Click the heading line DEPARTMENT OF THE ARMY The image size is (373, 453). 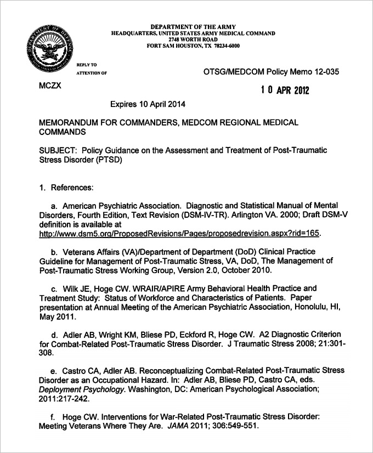tap(194, 26)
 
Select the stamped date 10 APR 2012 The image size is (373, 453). tap(285, 90)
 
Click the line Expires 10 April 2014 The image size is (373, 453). tap(148, 104)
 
